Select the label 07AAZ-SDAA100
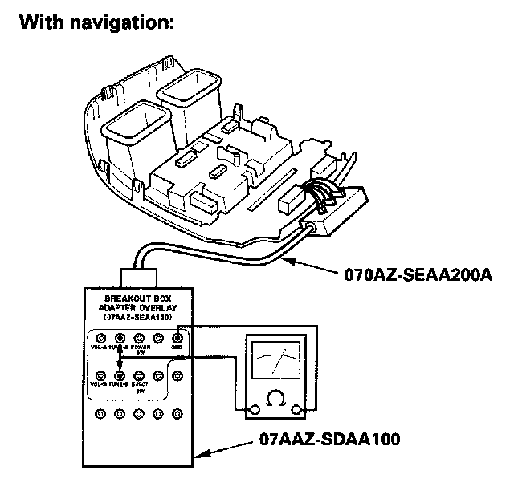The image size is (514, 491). pyautogui.click(x=331, y=439)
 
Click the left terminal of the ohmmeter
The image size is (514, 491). pyautogui.click(x=255, y=410)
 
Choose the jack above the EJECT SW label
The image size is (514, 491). pyautogui.click(x=139, y=375)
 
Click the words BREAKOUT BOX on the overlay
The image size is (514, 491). pyautogui.click(x=131, y=297)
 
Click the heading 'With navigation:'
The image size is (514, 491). pyautogui.click(x=96, y=22)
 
